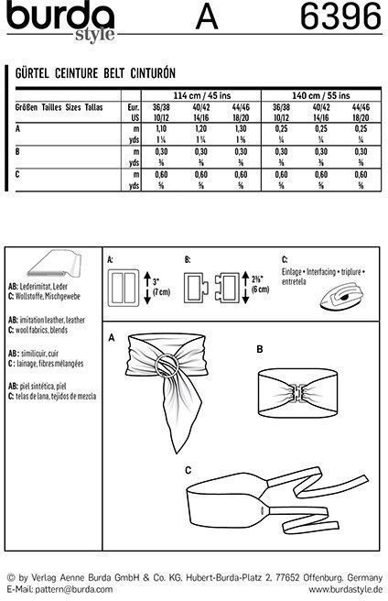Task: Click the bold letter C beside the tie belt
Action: pyautogui.click(x=188, y=470)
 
